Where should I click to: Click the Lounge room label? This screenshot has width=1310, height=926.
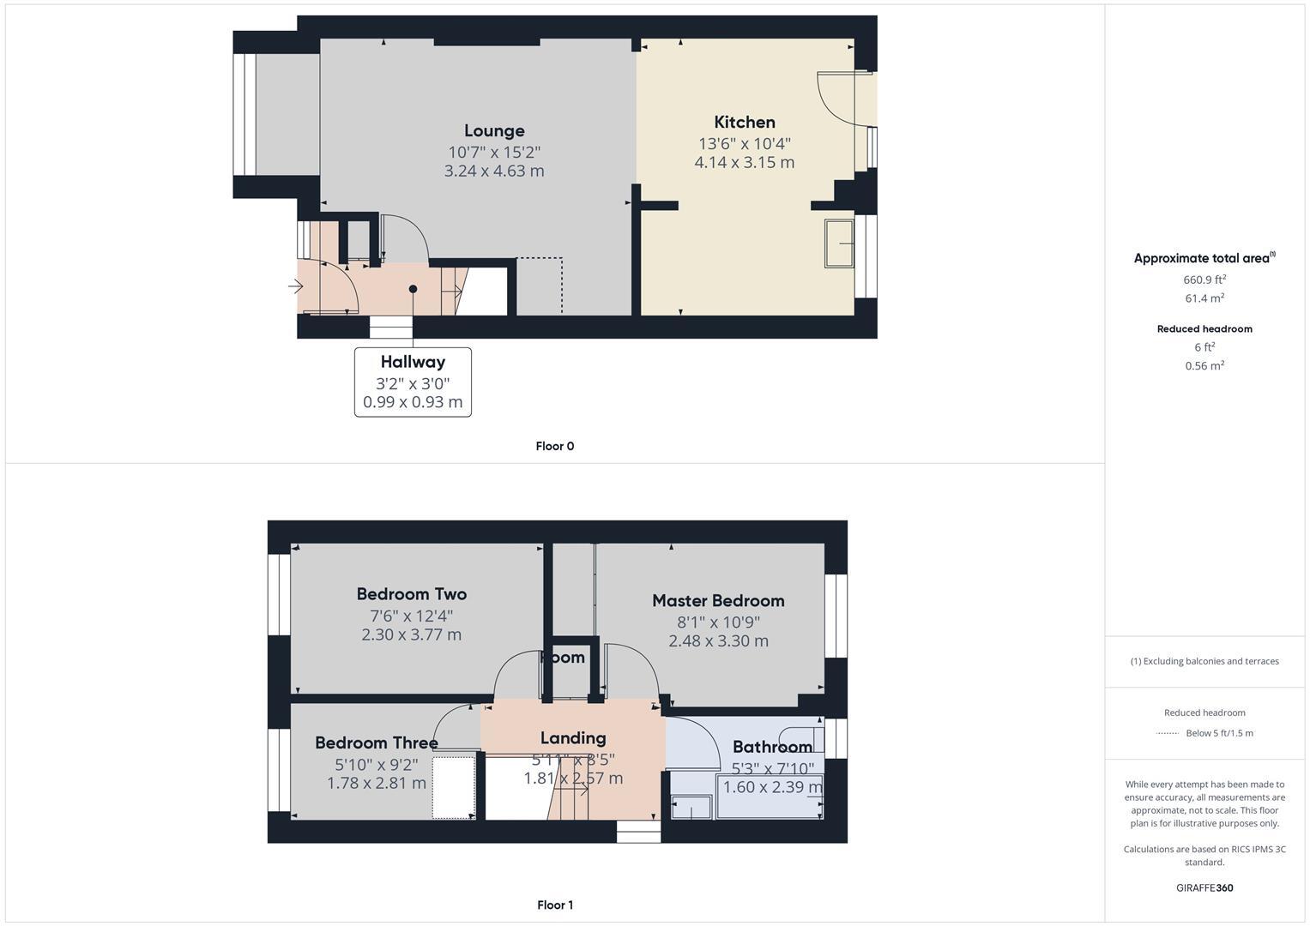coord(494,131)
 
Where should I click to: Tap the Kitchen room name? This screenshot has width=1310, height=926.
coord(745,123)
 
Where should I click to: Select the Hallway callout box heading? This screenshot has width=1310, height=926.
coord(413,362)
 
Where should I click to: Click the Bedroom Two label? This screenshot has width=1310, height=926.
coord(412,594)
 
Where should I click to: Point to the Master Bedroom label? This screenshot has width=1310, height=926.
coord(718,601)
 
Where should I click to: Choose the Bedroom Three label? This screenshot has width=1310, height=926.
coord(376,743)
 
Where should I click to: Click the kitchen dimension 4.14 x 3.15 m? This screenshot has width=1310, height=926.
coord(745,162)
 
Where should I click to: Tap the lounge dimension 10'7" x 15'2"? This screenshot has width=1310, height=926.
coord(494,152)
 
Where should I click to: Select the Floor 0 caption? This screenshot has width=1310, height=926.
coord(555,446)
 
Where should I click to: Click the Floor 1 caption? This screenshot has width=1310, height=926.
coord(555,905)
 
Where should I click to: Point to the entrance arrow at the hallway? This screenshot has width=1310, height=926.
coord(295,286)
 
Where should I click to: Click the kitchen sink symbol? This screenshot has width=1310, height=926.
coord(839,244)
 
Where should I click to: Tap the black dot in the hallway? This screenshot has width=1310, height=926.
coord(413,289)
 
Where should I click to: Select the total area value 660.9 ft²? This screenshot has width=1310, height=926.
coord(1204,280)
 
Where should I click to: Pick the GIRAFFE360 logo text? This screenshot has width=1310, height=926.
coord(1204,887)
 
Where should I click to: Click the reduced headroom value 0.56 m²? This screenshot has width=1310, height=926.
coord(1204,365)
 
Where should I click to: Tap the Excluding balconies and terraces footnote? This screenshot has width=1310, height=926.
coord(1204,661)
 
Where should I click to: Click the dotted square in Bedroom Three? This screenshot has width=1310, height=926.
coord(454,787)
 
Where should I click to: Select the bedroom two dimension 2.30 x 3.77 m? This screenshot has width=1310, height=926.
coord(412,635)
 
